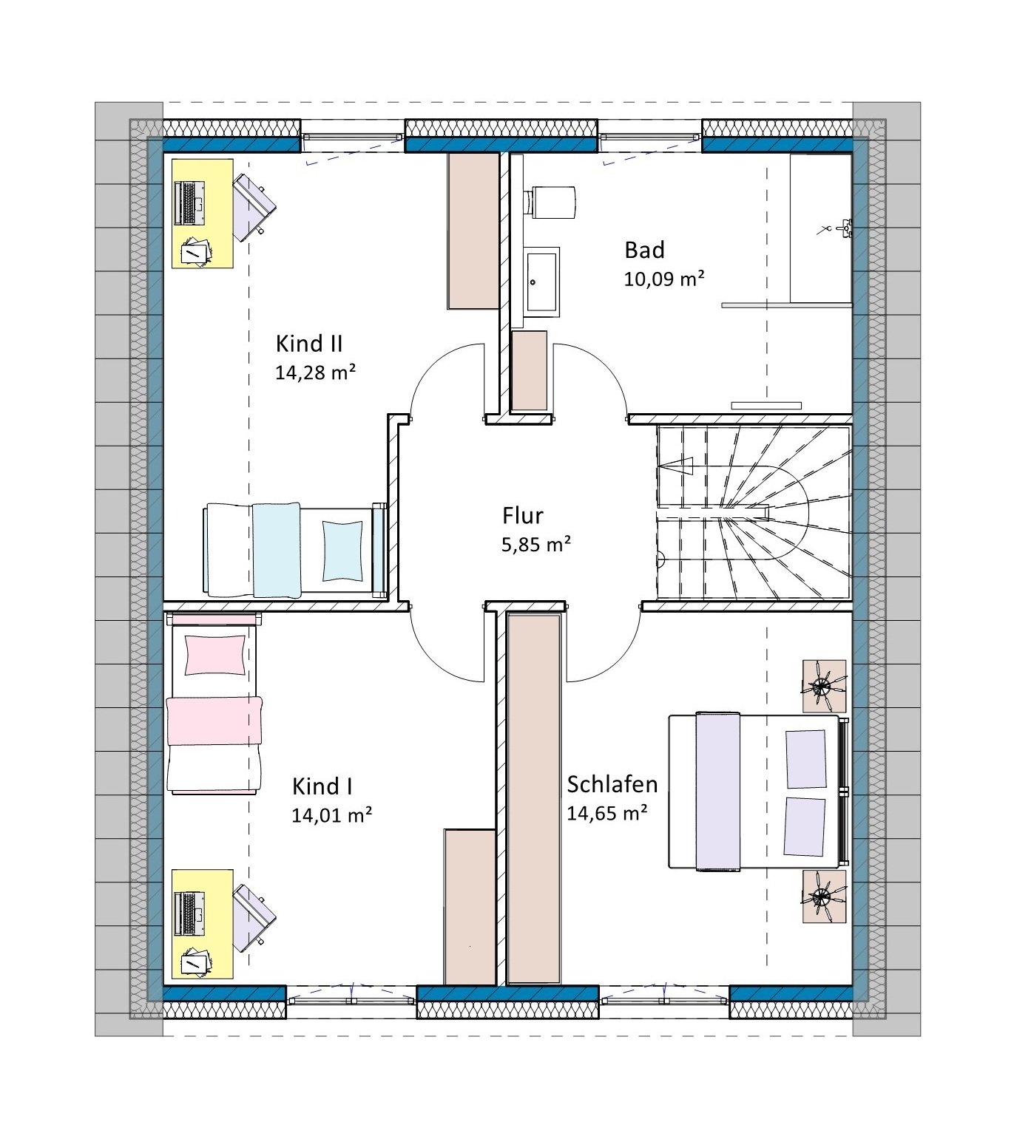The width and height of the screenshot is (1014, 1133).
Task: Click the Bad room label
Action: (645, 250)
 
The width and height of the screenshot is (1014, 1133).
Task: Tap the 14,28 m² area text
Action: (316, 372)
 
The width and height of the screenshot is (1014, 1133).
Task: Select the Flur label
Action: (523, 516)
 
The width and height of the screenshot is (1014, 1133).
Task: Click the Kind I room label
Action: (322, 787)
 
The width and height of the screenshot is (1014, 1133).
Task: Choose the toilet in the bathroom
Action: (550, 203)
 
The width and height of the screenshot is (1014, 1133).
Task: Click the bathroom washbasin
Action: (541, 282)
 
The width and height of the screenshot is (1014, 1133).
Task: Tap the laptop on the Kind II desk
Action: (189, 203)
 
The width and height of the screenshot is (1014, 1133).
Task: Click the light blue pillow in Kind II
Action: (342, 551)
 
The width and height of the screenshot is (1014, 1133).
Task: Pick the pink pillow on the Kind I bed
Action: (215, 654)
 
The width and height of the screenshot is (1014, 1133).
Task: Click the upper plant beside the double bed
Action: (825, 686)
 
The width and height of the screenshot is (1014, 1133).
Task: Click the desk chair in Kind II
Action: (254, 206)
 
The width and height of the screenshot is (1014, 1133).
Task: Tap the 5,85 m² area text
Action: (536, 544)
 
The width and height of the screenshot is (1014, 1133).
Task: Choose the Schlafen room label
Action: (612, 784)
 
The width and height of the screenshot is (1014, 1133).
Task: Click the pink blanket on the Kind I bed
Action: (214, 721)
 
